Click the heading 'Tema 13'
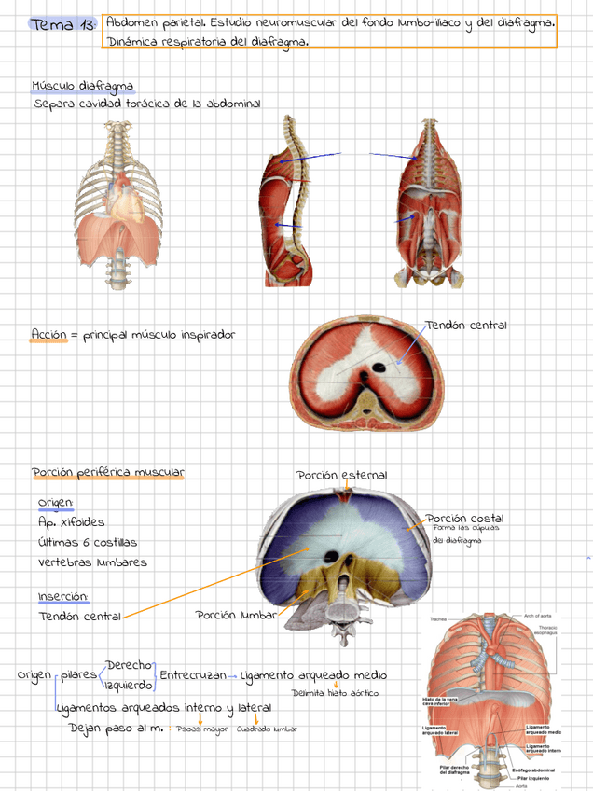pos(62,25)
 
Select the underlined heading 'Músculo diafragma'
pos(83,87)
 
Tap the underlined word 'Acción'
pos(48,334)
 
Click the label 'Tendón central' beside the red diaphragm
pos(465,326)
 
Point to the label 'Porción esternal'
pos(341,476)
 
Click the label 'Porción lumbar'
pos(236,615)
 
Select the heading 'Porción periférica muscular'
pos(107,473)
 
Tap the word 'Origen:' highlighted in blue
pos(56,503)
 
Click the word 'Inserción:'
pos(63,596)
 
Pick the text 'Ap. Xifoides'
pos(72,522)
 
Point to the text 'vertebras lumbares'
pos(92,562)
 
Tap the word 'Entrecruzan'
pos(193,674)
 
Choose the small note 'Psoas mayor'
pos(202,729)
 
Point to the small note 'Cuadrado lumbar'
pos(267,729)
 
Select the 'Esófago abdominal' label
pos(536,770)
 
